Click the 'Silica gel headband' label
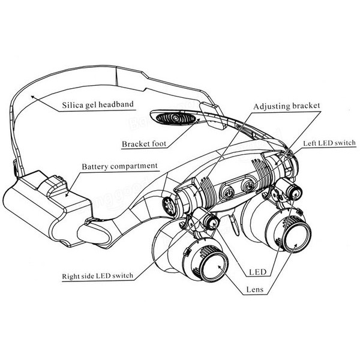click(98, 104)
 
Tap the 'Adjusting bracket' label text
click(287, 106)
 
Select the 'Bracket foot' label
click(144, 144)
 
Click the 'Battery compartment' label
click(120, 166)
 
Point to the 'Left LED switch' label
click(329, 143)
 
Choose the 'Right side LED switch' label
click(98, 275)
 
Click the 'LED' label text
click(258, 272)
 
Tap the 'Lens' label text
click(255, 289)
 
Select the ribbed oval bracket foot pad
click(176, 118)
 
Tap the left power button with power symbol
click(228, 193)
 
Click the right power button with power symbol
click(248, 187)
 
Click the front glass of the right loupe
click(297, 237)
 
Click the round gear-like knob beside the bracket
click(169, 206)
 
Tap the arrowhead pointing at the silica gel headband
click(33, 97)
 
